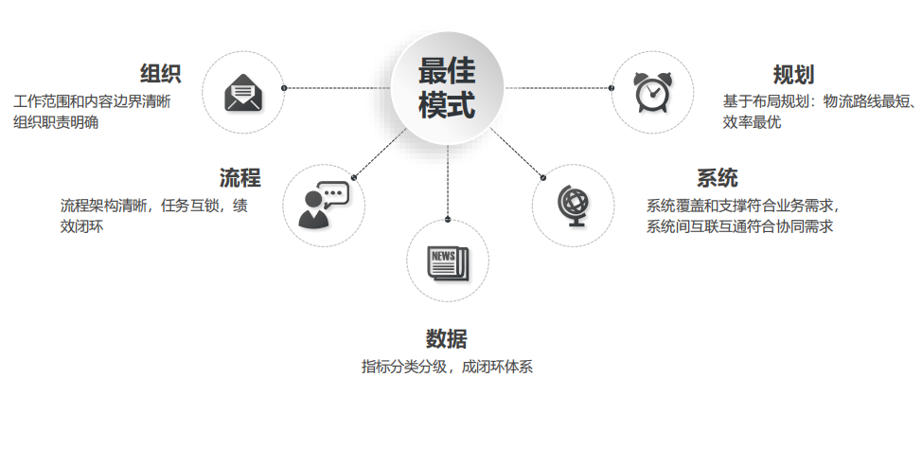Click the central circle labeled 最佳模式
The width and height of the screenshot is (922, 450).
(x=447, y=88)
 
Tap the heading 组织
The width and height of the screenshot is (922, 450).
(x=160, y=74)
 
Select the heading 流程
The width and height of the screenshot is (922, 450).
(x=239, y=178)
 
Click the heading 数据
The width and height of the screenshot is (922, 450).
(x=446, y=339)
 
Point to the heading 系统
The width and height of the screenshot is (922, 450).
(x=717, y=178)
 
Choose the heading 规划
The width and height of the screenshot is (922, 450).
(x=793, y=75)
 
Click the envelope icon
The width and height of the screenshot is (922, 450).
(x=243, y=92)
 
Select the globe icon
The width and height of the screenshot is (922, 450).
(x=574, y=206)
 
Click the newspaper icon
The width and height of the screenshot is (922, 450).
(x=448, y=264)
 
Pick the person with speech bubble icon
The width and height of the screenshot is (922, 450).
(x=324, y=205)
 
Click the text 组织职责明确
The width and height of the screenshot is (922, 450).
(x=56, y=122)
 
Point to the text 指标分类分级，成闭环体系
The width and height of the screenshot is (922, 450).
(x=447, y=367)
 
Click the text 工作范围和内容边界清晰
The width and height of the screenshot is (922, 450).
(x=92, y=101)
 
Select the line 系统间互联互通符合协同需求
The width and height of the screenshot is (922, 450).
(x=739, y=226)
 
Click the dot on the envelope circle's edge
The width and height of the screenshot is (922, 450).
(x=284, y=88)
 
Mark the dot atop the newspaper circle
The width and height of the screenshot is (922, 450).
(x=448, y=220)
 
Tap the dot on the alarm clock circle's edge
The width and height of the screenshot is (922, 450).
(x=612, y=88)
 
